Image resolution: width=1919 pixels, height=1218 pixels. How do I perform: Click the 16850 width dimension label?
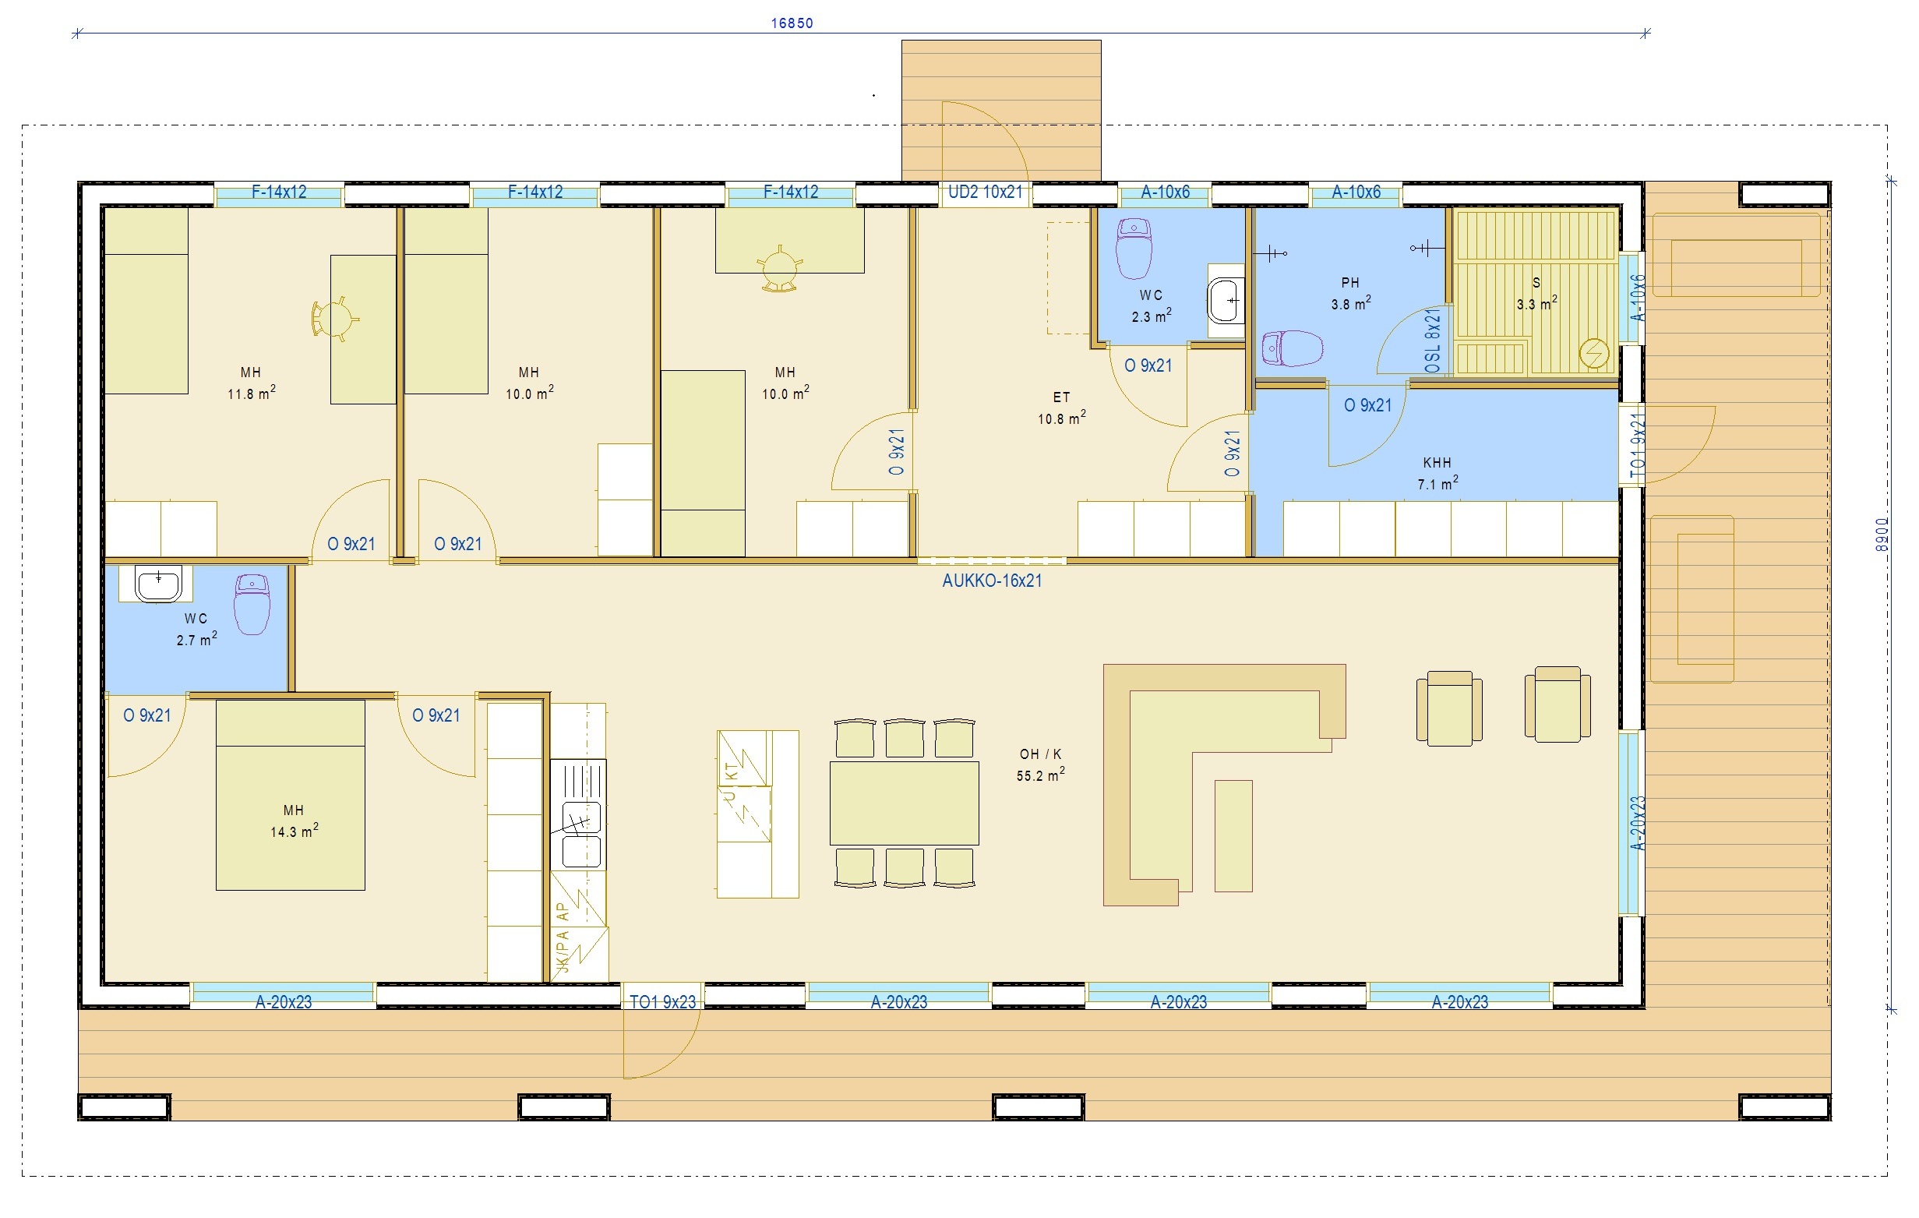click(x=792, y=23)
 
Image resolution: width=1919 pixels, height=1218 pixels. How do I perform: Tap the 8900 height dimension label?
click(x=1882, y=534)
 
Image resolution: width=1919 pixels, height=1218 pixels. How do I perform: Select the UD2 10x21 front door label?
click(x=985, y=192)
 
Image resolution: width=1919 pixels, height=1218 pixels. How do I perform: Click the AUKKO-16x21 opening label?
click(x=992, y=581)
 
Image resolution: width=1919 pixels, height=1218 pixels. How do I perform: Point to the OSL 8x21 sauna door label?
click(x=1433, y=341)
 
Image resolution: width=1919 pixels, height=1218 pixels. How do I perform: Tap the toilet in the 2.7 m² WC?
click(x=252, y=604)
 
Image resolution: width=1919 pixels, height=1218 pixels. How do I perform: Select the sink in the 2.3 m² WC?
click(x=1226, y=300)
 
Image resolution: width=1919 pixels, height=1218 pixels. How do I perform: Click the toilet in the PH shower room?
click(x=1293, y=348)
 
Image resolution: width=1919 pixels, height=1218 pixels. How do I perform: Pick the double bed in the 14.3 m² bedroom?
click(x=290, y=795)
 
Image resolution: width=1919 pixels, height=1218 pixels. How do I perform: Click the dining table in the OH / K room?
click(x=904, y=803)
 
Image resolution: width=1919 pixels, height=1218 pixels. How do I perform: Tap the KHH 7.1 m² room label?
click(x=1437, y=474)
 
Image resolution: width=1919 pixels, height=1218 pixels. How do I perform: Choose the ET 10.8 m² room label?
click(x=1061, y=408)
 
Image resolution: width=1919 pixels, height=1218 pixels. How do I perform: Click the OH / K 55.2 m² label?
click(x=1041, y=764)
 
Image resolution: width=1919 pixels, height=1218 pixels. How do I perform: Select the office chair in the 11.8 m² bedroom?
click(x=335, y=320)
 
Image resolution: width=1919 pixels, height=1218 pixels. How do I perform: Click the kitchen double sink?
click(x=581, y=834)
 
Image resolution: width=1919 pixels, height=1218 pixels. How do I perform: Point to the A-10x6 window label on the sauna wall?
click(x=1637, y=298)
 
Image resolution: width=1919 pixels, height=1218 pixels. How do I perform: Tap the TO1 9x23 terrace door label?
click(x=662, y=1002)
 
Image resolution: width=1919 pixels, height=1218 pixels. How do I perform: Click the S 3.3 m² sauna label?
click(x=1536, y=293)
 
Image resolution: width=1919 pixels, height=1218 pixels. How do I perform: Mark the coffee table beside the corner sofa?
click(x=1233, y=835)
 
